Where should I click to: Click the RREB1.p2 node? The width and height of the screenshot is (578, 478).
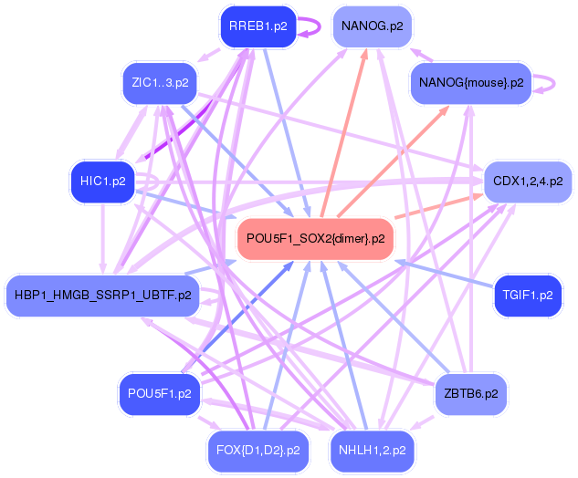[x=258, y=26]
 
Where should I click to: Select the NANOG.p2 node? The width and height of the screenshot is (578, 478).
[x=373, y=26]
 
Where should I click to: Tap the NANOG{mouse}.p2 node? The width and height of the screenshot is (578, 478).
[x=471, y=83]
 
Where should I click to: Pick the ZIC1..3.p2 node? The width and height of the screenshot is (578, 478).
[x=160, y=83]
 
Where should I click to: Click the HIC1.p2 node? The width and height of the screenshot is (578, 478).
[x=103, y=182]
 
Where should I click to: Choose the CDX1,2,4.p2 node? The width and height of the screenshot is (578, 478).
[x=528, y=182]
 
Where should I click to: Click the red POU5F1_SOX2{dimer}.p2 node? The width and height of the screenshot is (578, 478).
[x=316, y=239]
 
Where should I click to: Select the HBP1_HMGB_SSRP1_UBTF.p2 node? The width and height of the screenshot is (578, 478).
[x=103, y=296]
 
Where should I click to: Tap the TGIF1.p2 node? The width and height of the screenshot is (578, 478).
[x=528, y=296]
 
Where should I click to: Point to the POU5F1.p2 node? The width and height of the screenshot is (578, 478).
[x=160, y=394]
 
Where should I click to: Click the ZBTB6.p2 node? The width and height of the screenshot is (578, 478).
[x=471, y=394]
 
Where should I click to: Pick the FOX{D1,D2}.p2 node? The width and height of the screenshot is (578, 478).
[x=258, y=451]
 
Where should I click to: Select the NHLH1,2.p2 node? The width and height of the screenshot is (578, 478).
[x=373, y=451]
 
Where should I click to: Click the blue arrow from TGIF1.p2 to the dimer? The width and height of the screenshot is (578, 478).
[x=444, y=274]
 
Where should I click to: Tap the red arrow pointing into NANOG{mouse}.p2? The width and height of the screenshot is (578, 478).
[x=393, y=161]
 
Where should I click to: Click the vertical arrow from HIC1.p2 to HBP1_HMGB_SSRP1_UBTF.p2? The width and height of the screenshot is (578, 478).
[x=103, y=239]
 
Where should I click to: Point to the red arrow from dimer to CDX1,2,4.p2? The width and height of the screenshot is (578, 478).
[x=439, y=206]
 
